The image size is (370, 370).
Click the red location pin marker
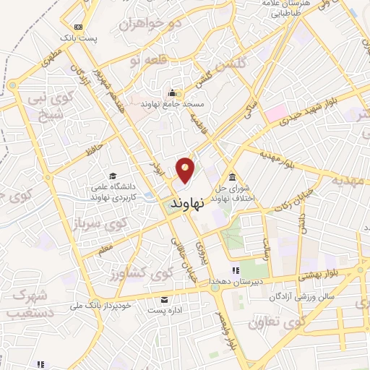coord(186,170)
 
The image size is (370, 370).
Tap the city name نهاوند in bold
coord(186,204)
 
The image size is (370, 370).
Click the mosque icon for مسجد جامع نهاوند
coord(172,93)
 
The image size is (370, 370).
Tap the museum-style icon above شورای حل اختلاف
coord(232,178)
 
